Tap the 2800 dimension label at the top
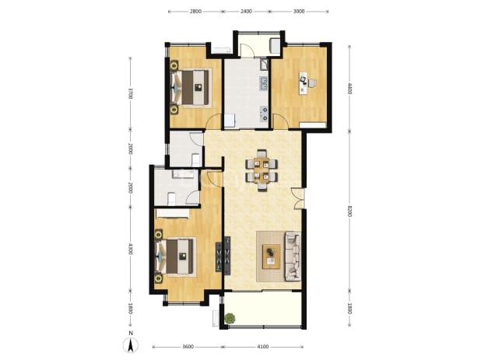point(195,12)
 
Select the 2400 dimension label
point(246,12)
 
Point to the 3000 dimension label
point(299,12)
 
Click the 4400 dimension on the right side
point(349,89)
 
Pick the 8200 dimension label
point(349,211)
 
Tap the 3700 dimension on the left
point(130,93)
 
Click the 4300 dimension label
point(130,249)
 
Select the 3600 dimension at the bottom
point(188,347)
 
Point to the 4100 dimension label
point(263,347)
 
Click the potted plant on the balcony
point(230,318)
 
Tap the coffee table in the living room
point(272,257)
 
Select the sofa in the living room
point(293,256)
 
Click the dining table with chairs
point(262,170)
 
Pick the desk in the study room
point(304,82)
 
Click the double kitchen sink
point(264,84)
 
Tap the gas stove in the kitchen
point(264,113)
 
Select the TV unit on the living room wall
point(223,254)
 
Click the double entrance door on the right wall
point(298,198)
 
